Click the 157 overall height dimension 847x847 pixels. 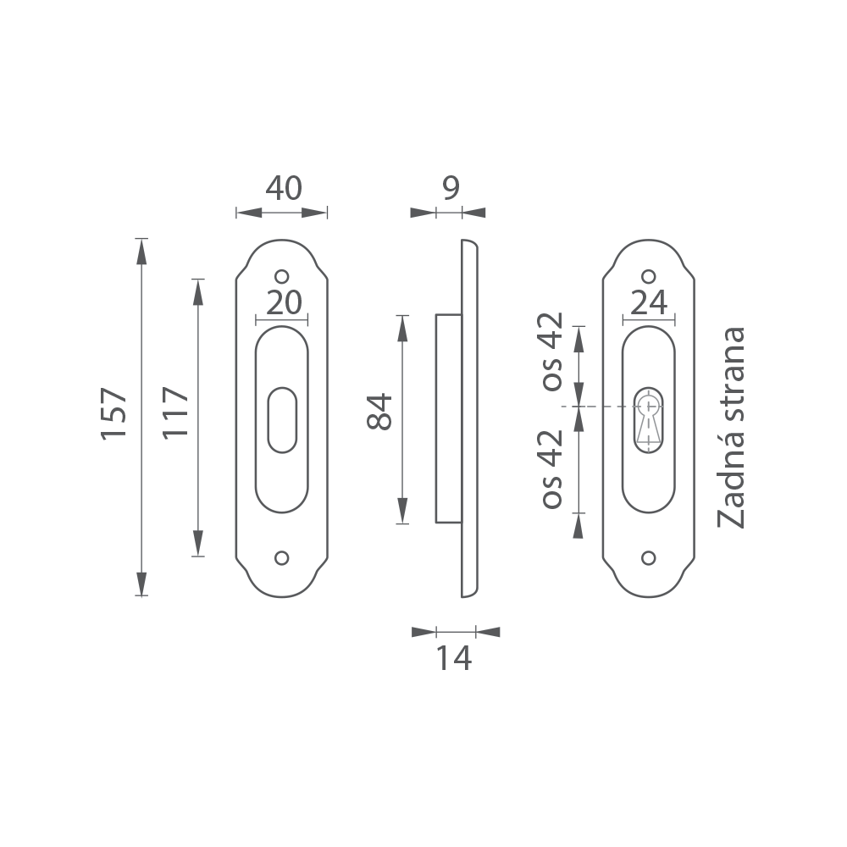coord(114,413)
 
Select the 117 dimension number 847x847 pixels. coord(176,412)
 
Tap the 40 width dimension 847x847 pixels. coord(284,189)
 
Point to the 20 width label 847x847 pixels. coord(284,303)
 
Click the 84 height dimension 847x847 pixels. coord(379,412)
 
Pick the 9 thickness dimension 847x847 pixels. coord(451,188)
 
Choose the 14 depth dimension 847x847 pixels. coord(454,658)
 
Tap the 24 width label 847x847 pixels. coord(649,303)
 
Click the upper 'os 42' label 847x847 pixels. coord(552,352)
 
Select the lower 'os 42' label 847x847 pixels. coord(552,469)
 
